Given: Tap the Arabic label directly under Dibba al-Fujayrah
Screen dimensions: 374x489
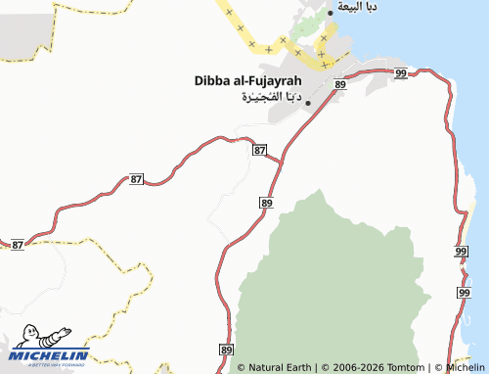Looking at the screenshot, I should (268, 98).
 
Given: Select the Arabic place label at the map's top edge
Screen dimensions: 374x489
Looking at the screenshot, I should (357, 7).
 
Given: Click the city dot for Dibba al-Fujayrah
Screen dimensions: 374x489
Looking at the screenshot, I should (308, 102).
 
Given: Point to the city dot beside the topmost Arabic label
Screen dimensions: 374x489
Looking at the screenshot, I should (331, 13).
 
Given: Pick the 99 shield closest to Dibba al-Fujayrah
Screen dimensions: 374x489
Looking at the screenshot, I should (402, 73).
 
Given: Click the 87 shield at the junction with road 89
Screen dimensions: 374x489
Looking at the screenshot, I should (259, 150).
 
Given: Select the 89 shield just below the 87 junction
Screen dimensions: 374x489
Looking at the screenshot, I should (267, 202).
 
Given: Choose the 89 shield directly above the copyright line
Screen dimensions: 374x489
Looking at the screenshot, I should (227, 350).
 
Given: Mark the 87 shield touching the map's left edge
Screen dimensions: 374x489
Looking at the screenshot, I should (17, 244).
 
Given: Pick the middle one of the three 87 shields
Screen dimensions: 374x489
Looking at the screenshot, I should (136, 180).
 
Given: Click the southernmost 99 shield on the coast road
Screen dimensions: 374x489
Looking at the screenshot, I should (464, 293).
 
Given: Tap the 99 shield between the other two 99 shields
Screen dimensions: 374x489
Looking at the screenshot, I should (461, 253).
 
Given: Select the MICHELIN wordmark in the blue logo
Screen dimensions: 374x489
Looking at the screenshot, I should (51, 355).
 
